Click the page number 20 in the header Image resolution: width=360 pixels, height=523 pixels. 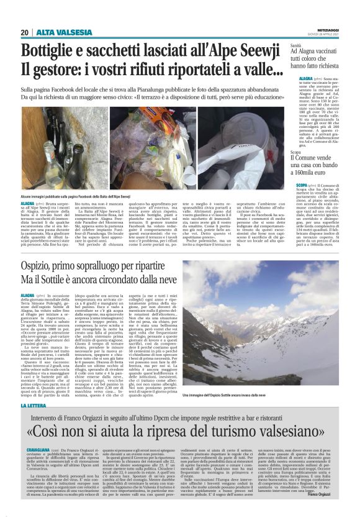[x=25, y=32]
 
